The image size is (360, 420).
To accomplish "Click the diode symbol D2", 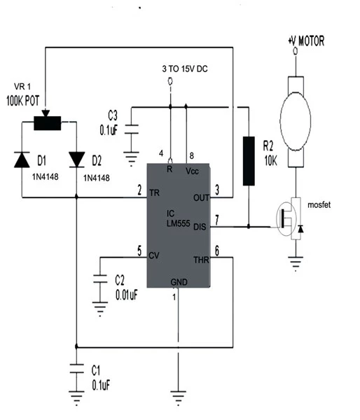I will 76,160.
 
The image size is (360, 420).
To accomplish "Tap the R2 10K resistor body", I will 249,161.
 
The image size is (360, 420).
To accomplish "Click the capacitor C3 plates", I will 132,130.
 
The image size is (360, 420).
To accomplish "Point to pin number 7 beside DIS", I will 217,220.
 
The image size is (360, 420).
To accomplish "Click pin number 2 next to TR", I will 139,190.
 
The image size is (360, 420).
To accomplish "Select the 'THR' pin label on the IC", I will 200,260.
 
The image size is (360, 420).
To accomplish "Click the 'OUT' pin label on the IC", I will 200,197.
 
